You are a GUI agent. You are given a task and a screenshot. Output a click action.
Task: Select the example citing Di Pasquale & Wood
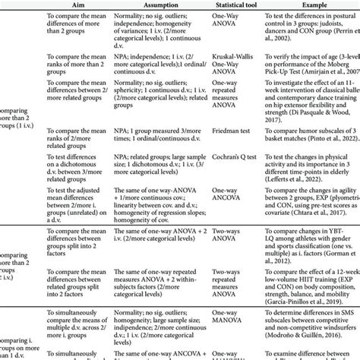[x=311, y=112]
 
